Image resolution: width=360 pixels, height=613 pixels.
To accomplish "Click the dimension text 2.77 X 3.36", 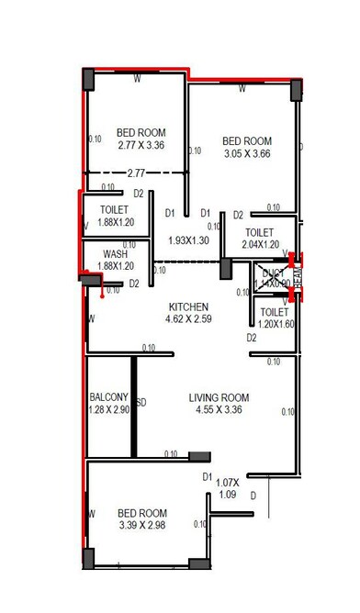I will (141, 144).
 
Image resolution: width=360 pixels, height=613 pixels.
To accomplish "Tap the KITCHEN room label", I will (187, 306).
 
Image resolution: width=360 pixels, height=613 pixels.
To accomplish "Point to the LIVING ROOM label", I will (219, 397).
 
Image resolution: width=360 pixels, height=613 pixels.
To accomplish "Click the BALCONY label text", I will (108, 397).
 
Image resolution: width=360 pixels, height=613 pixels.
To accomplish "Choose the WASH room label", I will (115, 254).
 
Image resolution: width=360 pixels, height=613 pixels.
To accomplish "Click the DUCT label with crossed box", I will (273, 273).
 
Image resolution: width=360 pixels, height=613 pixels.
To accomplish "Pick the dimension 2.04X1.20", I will (260, 245).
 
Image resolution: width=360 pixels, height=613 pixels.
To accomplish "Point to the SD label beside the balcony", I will (142, 402).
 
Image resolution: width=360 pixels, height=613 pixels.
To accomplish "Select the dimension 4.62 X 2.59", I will (187, 319).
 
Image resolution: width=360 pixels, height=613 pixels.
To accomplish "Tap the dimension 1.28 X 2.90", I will (108, 410).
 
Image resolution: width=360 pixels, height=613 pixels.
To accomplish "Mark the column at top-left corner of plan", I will (89, 79).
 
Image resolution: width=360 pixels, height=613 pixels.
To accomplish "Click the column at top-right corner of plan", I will (296, 90).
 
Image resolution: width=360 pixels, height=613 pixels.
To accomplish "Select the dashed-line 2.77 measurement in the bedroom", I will (136, 172).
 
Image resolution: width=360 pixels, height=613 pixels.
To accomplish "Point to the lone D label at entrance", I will (253, 496).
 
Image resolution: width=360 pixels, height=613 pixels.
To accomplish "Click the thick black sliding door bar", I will (133, 405).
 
